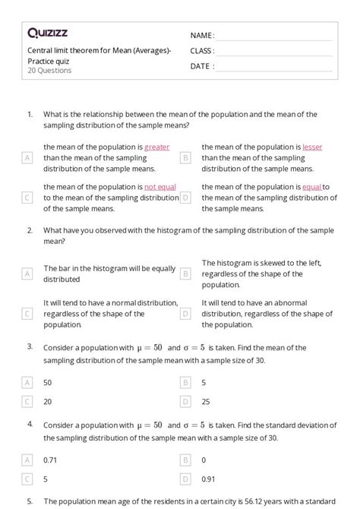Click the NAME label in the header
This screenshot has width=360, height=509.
tap(203, 35)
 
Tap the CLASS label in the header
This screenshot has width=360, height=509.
tap(203, 51)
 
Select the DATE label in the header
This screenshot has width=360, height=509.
tap(202, 66)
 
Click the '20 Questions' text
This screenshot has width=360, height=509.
tap(49, 71)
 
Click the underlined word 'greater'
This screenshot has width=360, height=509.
tap(156, 147)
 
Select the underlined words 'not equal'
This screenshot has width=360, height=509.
tap(160, 187)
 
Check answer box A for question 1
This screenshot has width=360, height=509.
tap(27, 157)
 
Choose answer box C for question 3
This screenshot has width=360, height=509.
tap(27, 401)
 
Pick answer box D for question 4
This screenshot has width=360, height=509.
tap(185, 479)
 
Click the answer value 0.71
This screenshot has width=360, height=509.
tap(51, 460)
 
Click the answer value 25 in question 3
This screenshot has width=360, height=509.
tap(206, 401)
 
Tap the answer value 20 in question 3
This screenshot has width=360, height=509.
tap(48, 401)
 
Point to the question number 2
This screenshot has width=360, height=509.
tap(30, 229)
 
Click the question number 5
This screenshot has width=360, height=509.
tap(30, 501)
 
